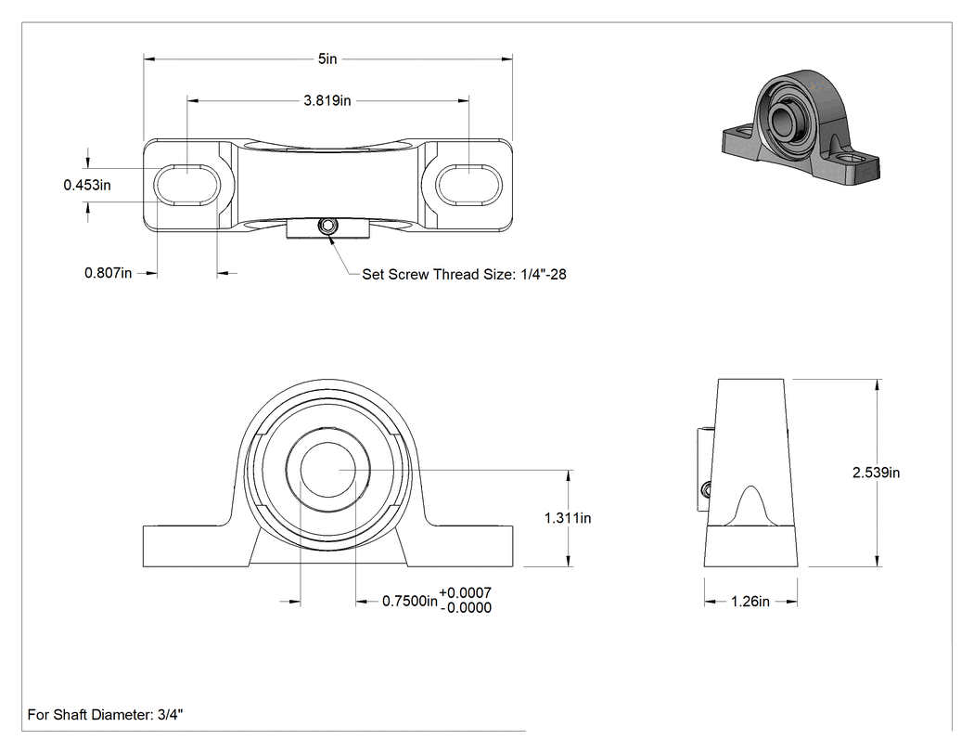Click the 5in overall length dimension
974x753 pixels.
pos(327,59)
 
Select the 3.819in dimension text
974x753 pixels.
pos(327,100)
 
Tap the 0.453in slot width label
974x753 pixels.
pos(87,185)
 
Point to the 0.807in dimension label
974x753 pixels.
pos(109,273)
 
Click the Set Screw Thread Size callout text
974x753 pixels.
pos(464,274)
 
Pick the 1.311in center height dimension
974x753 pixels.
pos(568,518)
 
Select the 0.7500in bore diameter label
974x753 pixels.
pos(409,602)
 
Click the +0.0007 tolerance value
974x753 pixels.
pos(466,593)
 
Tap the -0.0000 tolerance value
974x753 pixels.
pos(466,608)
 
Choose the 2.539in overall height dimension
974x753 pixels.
pos(876,473)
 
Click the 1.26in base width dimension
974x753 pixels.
pos(750,602)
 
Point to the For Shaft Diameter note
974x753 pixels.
pos(105,714)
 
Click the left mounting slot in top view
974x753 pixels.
pos(187,185)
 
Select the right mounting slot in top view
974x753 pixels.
pos(468,185)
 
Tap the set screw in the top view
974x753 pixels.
pos(327,227)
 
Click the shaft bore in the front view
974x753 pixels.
pos(328,470)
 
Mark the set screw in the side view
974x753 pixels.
pos(706,490)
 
